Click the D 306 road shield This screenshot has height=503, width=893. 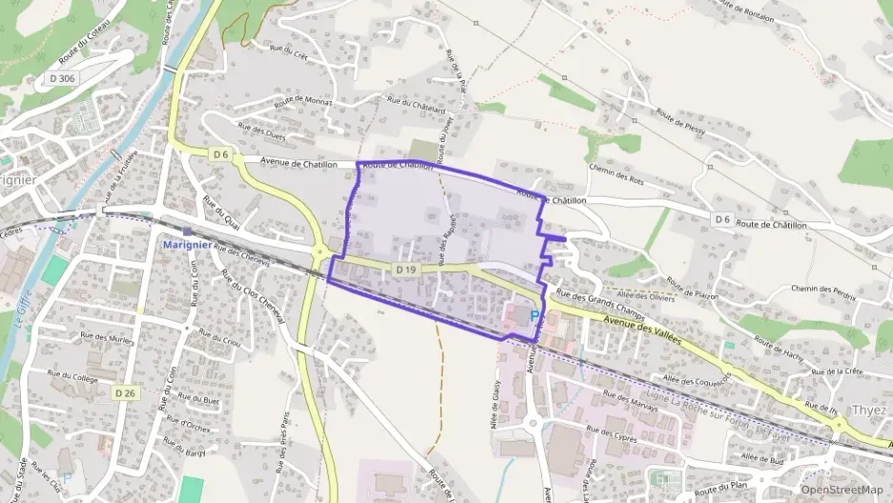point(61,78)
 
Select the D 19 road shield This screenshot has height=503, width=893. point(405,271)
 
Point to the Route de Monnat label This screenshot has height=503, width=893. point(302,102)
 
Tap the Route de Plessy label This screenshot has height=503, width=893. point(679,123)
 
